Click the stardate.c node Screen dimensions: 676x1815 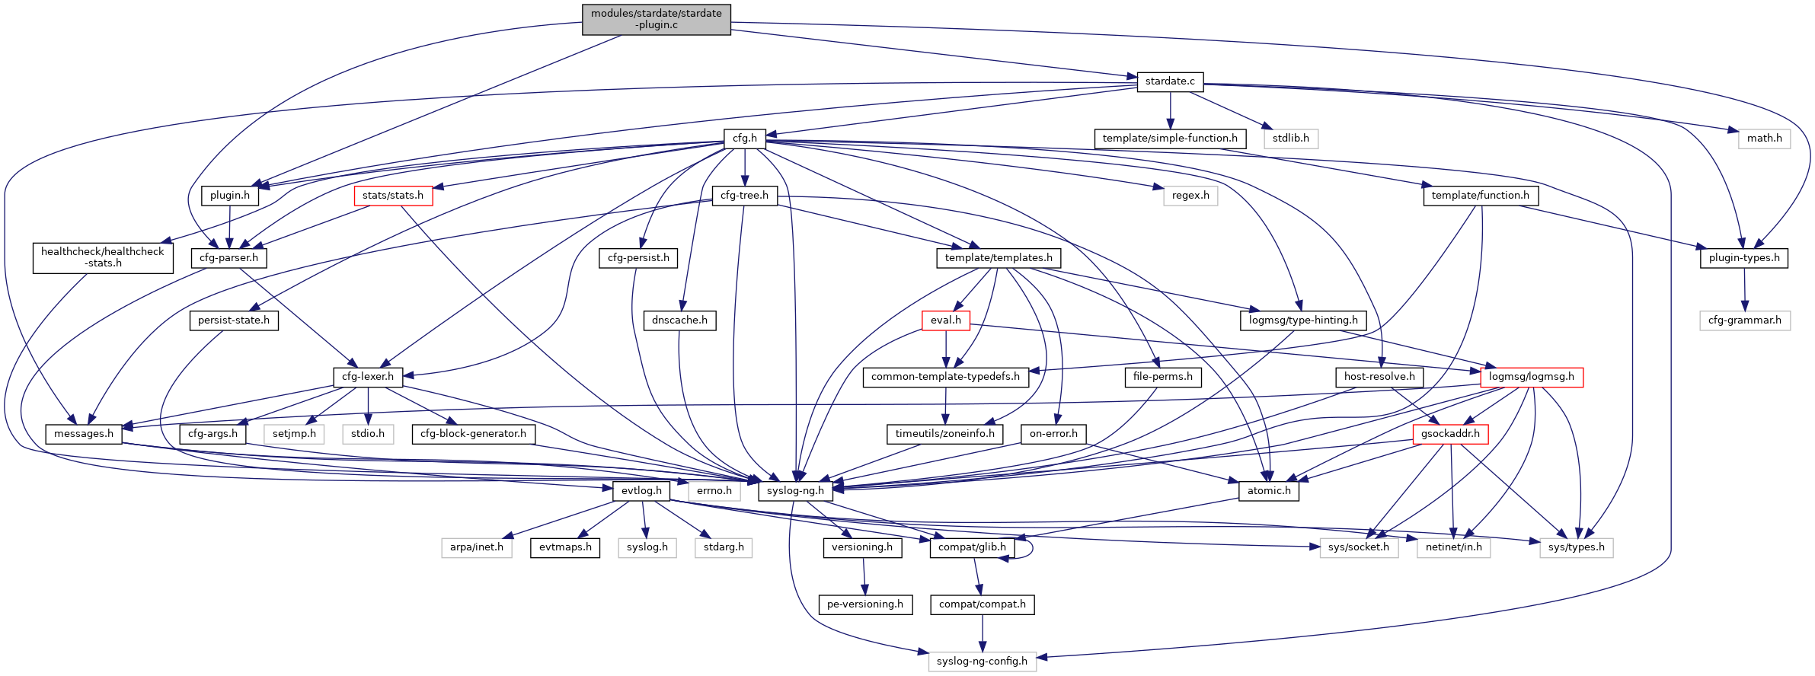(x=1170, y=81)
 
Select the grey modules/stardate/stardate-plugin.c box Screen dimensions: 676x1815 (x=657, y=19)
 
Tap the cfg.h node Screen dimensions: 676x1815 (x=744, y=139)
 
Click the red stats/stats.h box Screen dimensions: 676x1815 (x=393, y=196)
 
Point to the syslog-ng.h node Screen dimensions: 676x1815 (x=795, y=491)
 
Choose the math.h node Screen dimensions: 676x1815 (x=1764, y=139)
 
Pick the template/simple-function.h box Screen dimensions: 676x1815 (x=1170, y=139)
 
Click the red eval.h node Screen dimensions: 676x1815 (x=945, y=320)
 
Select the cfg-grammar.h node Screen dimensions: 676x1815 (x=1744, y=320)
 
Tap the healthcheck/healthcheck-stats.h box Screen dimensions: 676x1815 (x=103, y=257)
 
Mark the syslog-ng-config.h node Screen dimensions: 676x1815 (x=982, y=662)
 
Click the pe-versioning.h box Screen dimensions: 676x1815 (x=865, y=604)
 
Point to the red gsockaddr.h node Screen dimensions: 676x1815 (x=1450, y=434)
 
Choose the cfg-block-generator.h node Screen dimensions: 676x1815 (x=473, y=434)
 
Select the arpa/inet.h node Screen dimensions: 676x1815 (x=477, y=547)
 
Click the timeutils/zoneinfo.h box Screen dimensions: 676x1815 (x=945, y=434)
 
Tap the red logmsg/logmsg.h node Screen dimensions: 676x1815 (x=1532, y=377)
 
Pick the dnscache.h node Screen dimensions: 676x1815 (x=679, y=320)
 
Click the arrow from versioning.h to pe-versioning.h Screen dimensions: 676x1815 (x=864, y=576)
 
